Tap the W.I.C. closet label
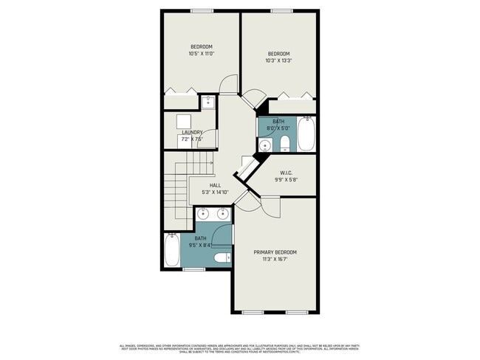point(287,174)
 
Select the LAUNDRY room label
point(192,133)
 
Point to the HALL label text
point(215,185)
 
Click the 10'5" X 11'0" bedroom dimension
point(200,54)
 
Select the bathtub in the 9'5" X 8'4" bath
point(172,251)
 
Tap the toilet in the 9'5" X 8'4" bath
point(221,258)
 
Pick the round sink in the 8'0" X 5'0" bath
point(264,144)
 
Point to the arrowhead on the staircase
point(211,162)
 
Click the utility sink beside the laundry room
point(208,101)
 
